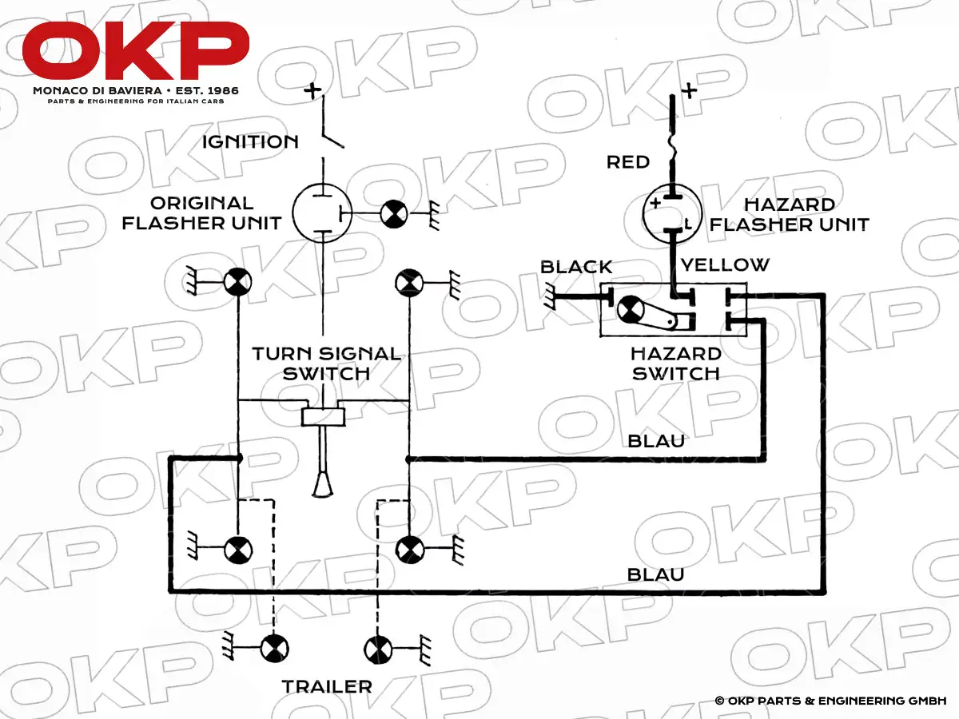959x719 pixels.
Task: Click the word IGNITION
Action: coord(250,142)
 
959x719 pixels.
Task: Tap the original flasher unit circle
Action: coord(322,213)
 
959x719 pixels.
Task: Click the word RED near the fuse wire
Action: coord(628,162)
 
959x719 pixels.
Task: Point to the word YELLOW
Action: coord(725,264)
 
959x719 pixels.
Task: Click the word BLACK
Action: coord(576,267)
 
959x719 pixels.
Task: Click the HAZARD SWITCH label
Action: coord(676,363)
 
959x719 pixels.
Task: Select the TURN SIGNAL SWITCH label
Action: coord(326,363)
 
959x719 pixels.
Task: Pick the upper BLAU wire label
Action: coord(657,441)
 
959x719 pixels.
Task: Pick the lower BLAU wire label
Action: coord(656,574)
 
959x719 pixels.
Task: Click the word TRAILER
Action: coord(327,686)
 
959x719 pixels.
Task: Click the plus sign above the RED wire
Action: coord(688,89)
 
